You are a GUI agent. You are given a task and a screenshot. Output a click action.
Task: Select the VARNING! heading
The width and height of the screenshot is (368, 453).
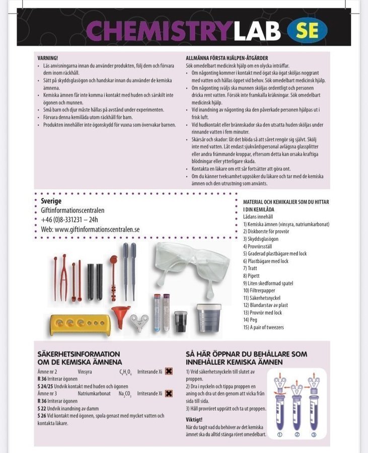(48, 58)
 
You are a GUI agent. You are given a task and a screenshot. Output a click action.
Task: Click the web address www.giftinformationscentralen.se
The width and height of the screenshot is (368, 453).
(90, 229)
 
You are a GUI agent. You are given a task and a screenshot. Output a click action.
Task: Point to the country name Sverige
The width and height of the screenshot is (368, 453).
(51, 201)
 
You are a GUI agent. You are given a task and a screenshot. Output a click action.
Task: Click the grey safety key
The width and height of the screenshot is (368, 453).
(139, 321)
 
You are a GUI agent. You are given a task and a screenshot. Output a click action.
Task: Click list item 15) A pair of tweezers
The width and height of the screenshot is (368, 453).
(263, 328)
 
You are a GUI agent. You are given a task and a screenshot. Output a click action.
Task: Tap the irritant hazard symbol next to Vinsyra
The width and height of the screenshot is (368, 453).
(169, 371)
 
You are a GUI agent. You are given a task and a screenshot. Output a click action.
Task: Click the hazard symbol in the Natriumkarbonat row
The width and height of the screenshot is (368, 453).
(169, 394)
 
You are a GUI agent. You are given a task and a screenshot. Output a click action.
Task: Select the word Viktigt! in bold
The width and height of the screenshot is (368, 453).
(194, 419)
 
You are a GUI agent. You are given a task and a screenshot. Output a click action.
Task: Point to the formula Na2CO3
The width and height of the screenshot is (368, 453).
(125, 394)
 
